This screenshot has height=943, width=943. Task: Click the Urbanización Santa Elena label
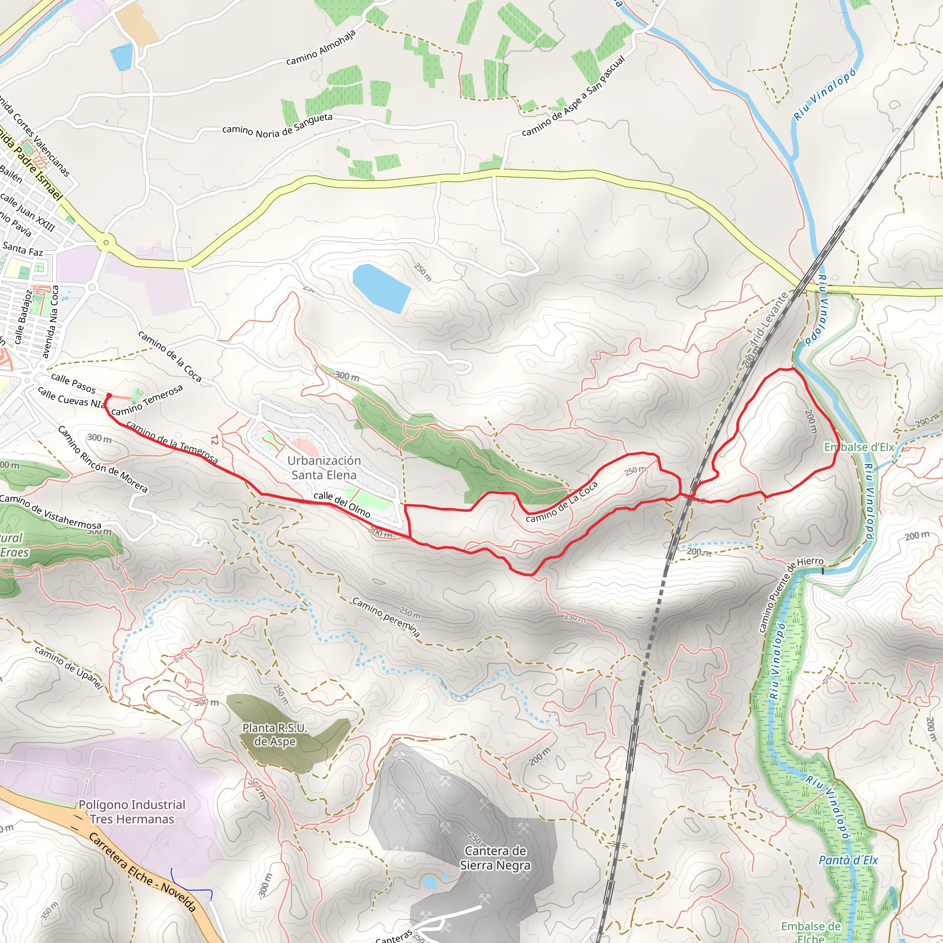pyautogui.click(x=324, y=468)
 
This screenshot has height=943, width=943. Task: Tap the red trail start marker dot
pyautogui.click(x=109, y=396)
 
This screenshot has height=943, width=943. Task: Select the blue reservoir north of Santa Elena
pyautogui.click(x=381, y=288)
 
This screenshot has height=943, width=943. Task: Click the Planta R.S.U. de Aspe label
pyautogui.click(x=274, y=734)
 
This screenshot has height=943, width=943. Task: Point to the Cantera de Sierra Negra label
pyautogui.click(x=495, y=857)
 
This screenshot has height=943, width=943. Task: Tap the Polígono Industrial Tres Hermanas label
pyautogui.click(x=132, y=811)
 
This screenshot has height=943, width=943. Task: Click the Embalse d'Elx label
pyautogui.click(x=859, y=447)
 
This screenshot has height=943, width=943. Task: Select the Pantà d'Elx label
pyautogui.click(x=848, y=860)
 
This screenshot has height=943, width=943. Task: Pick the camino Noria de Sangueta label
pyautogui.click(x=277, y=125)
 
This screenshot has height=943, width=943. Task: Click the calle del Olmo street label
pyautogui.click(x=342, y=504)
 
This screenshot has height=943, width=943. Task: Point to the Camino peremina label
pyautogui.click(x=386, y=617)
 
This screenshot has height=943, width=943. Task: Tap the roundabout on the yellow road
pyautogui.click(x=106, y=242)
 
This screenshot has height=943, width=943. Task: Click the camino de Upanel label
pyautogui.click(x=69, y=668)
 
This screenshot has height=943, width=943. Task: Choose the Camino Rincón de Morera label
pyautogui.click(x=103, y=458)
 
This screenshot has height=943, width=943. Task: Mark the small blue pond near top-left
pyautogui.click(x=122, y=57)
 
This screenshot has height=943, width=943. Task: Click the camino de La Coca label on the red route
pyautogui.click(x=562, y=501)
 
